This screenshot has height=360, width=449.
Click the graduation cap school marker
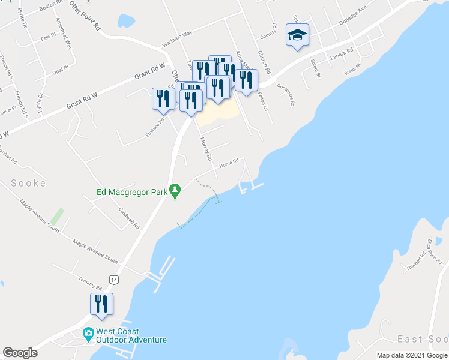pyautogui.click(x=297, y=35)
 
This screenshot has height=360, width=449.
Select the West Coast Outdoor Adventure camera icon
pyautogui.click(x=88, y=333)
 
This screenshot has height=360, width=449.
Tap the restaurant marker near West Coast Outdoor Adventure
pyautogui.click(x=101, y=304)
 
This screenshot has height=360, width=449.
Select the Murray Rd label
pyautogui.click(x=206, y=149)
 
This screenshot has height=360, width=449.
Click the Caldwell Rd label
pyautogui.click(x=129, y=218)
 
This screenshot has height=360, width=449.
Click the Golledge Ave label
pyautogui.click(x=353, y=14)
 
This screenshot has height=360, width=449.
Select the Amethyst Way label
pyautogui.click(x=63, y=33)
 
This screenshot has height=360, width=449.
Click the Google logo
pyautogui.click(x=20, y=353)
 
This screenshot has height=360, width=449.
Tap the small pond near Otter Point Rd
pyautogui.click(x=127, y=21)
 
